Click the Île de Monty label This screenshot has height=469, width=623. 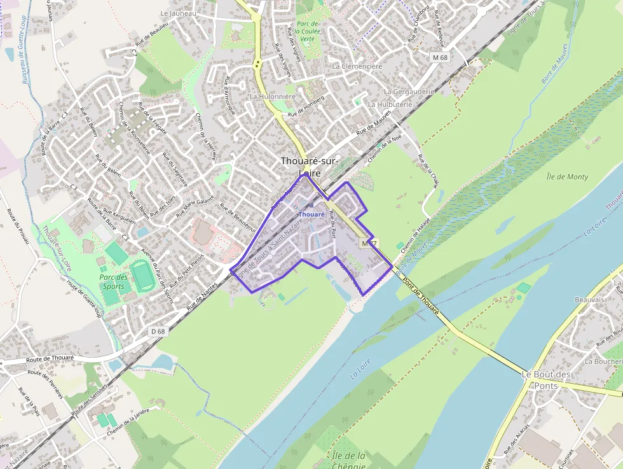pos(567,177)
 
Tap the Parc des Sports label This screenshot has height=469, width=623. pos(114,282)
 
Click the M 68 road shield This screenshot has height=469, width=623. pos(439,57)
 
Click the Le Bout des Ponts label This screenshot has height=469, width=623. pos(546,380)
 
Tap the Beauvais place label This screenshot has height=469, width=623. pos(589,300)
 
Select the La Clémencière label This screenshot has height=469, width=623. pos(357,66)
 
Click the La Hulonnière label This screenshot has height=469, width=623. pos(272,97)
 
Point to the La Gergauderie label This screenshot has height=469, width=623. pos(409,92)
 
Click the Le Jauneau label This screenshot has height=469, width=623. pos(179,13)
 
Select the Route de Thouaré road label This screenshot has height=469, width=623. pos(50,359)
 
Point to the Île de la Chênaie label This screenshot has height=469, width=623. pos(349,460)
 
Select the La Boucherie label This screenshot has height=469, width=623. pos(603,361)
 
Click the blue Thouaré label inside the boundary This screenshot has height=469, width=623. pos(311,214)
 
